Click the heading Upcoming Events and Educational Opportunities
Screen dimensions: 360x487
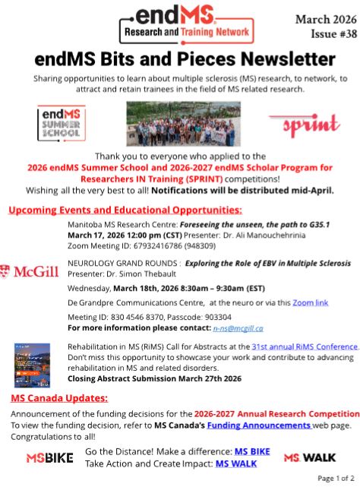pyautogui.click(x=125, y=208)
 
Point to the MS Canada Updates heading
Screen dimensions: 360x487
pyautogui.click(x=59, y=397)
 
